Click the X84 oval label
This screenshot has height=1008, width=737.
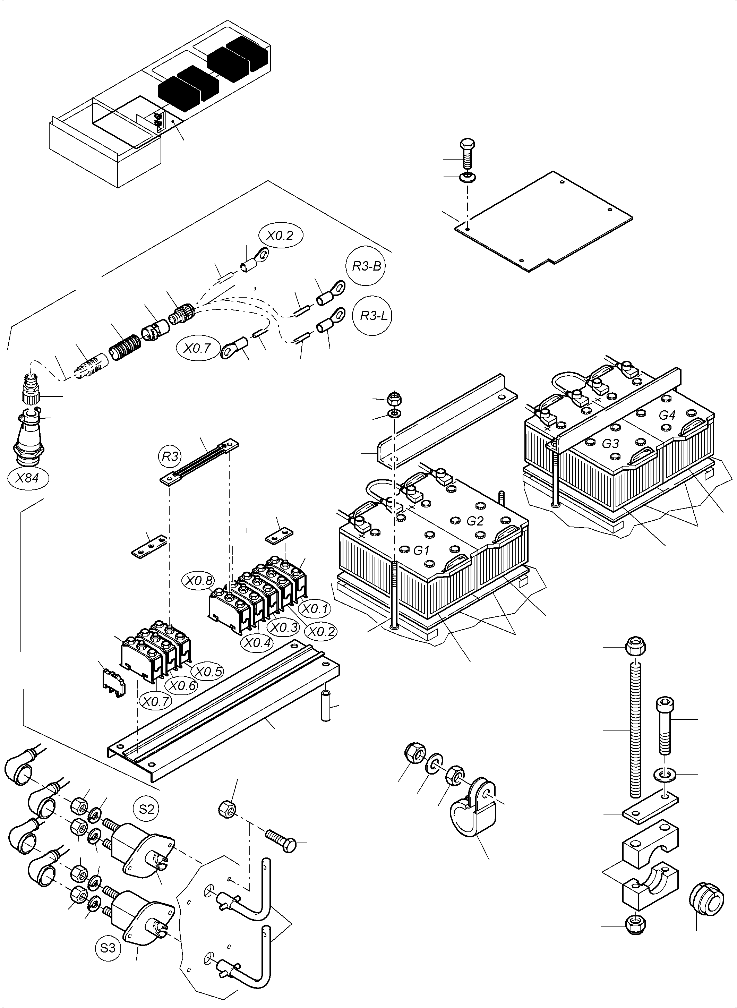[x=28, y=478]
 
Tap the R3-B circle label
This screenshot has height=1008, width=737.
[x=367, y=266]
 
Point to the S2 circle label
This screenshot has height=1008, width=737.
[x=146, y=809]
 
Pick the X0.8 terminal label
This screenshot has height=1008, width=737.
[x=199, y=581]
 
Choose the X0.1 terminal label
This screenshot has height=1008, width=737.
[x=315, y=609]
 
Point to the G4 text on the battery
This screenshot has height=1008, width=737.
[x=667, y=415]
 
